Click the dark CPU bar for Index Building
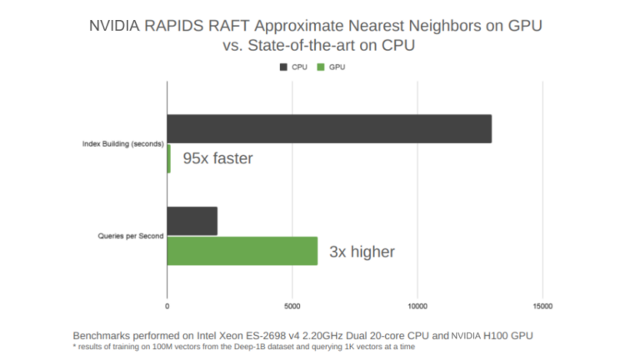click(x=329, y=129)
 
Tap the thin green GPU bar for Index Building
click(x=168, y=158)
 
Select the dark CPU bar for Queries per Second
click(x=192, y=221)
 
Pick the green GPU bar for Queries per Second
click(x=242, y=251)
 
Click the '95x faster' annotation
click(x=217, y=158)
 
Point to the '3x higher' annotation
click(x=361, y=251)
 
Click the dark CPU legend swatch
click(x=283, y=67)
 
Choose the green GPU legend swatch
click(x=318, y=67)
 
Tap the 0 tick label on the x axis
click(x=167, y=306)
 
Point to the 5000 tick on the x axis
click(x=292, y=306)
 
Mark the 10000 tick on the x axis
click(x=417, y=306)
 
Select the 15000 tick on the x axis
click(x=542, y=306)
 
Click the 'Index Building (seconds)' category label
click(x=122, y=144)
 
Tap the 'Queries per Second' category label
click(x=130, y=236)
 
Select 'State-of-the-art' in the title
click(x=308, y=46)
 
